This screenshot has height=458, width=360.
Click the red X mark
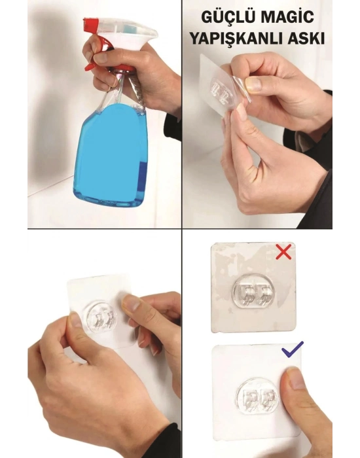pos(283,252)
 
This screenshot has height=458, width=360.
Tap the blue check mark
pos(293,349)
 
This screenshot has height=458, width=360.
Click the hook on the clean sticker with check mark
pos(258,397)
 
